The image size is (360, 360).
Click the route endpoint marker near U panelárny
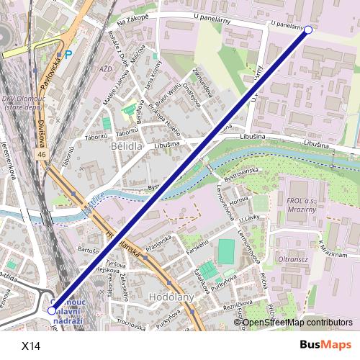[x=308, y=30]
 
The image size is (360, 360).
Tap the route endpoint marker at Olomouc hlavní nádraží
[x=51, y=310]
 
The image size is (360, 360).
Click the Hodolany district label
[x=166, y=297]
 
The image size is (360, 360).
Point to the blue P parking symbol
[x=68, y=54]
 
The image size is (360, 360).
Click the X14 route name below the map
[x=31, y=346]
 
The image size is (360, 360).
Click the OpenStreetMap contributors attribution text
[x=299, y=323]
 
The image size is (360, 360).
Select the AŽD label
[x=107, y=69]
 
